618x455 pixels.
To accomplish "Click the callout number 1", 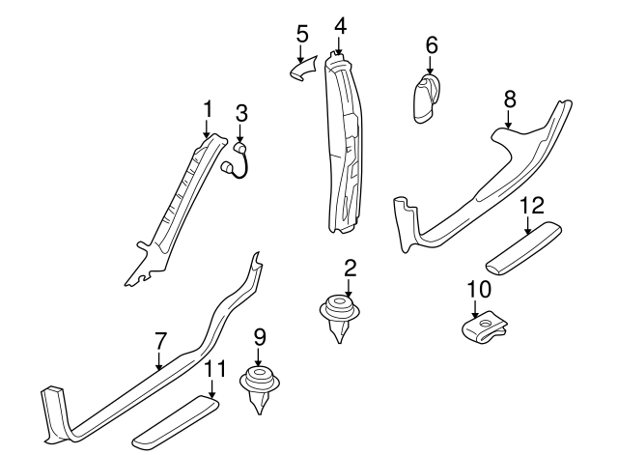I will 206,109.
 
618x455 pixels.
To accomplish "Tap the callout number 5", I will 302,34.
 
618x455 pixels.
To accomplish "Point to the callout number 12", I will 531,205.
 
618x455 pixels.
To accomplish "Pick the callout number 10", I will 478,289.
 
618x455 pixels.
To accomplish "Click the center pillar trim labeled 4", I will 344,145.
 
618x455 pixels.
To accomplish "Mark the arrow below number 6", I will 430,66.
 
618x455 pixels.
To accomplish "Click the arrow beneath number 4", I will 340,43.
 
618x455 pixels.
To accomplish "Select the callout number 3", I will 241,113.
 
